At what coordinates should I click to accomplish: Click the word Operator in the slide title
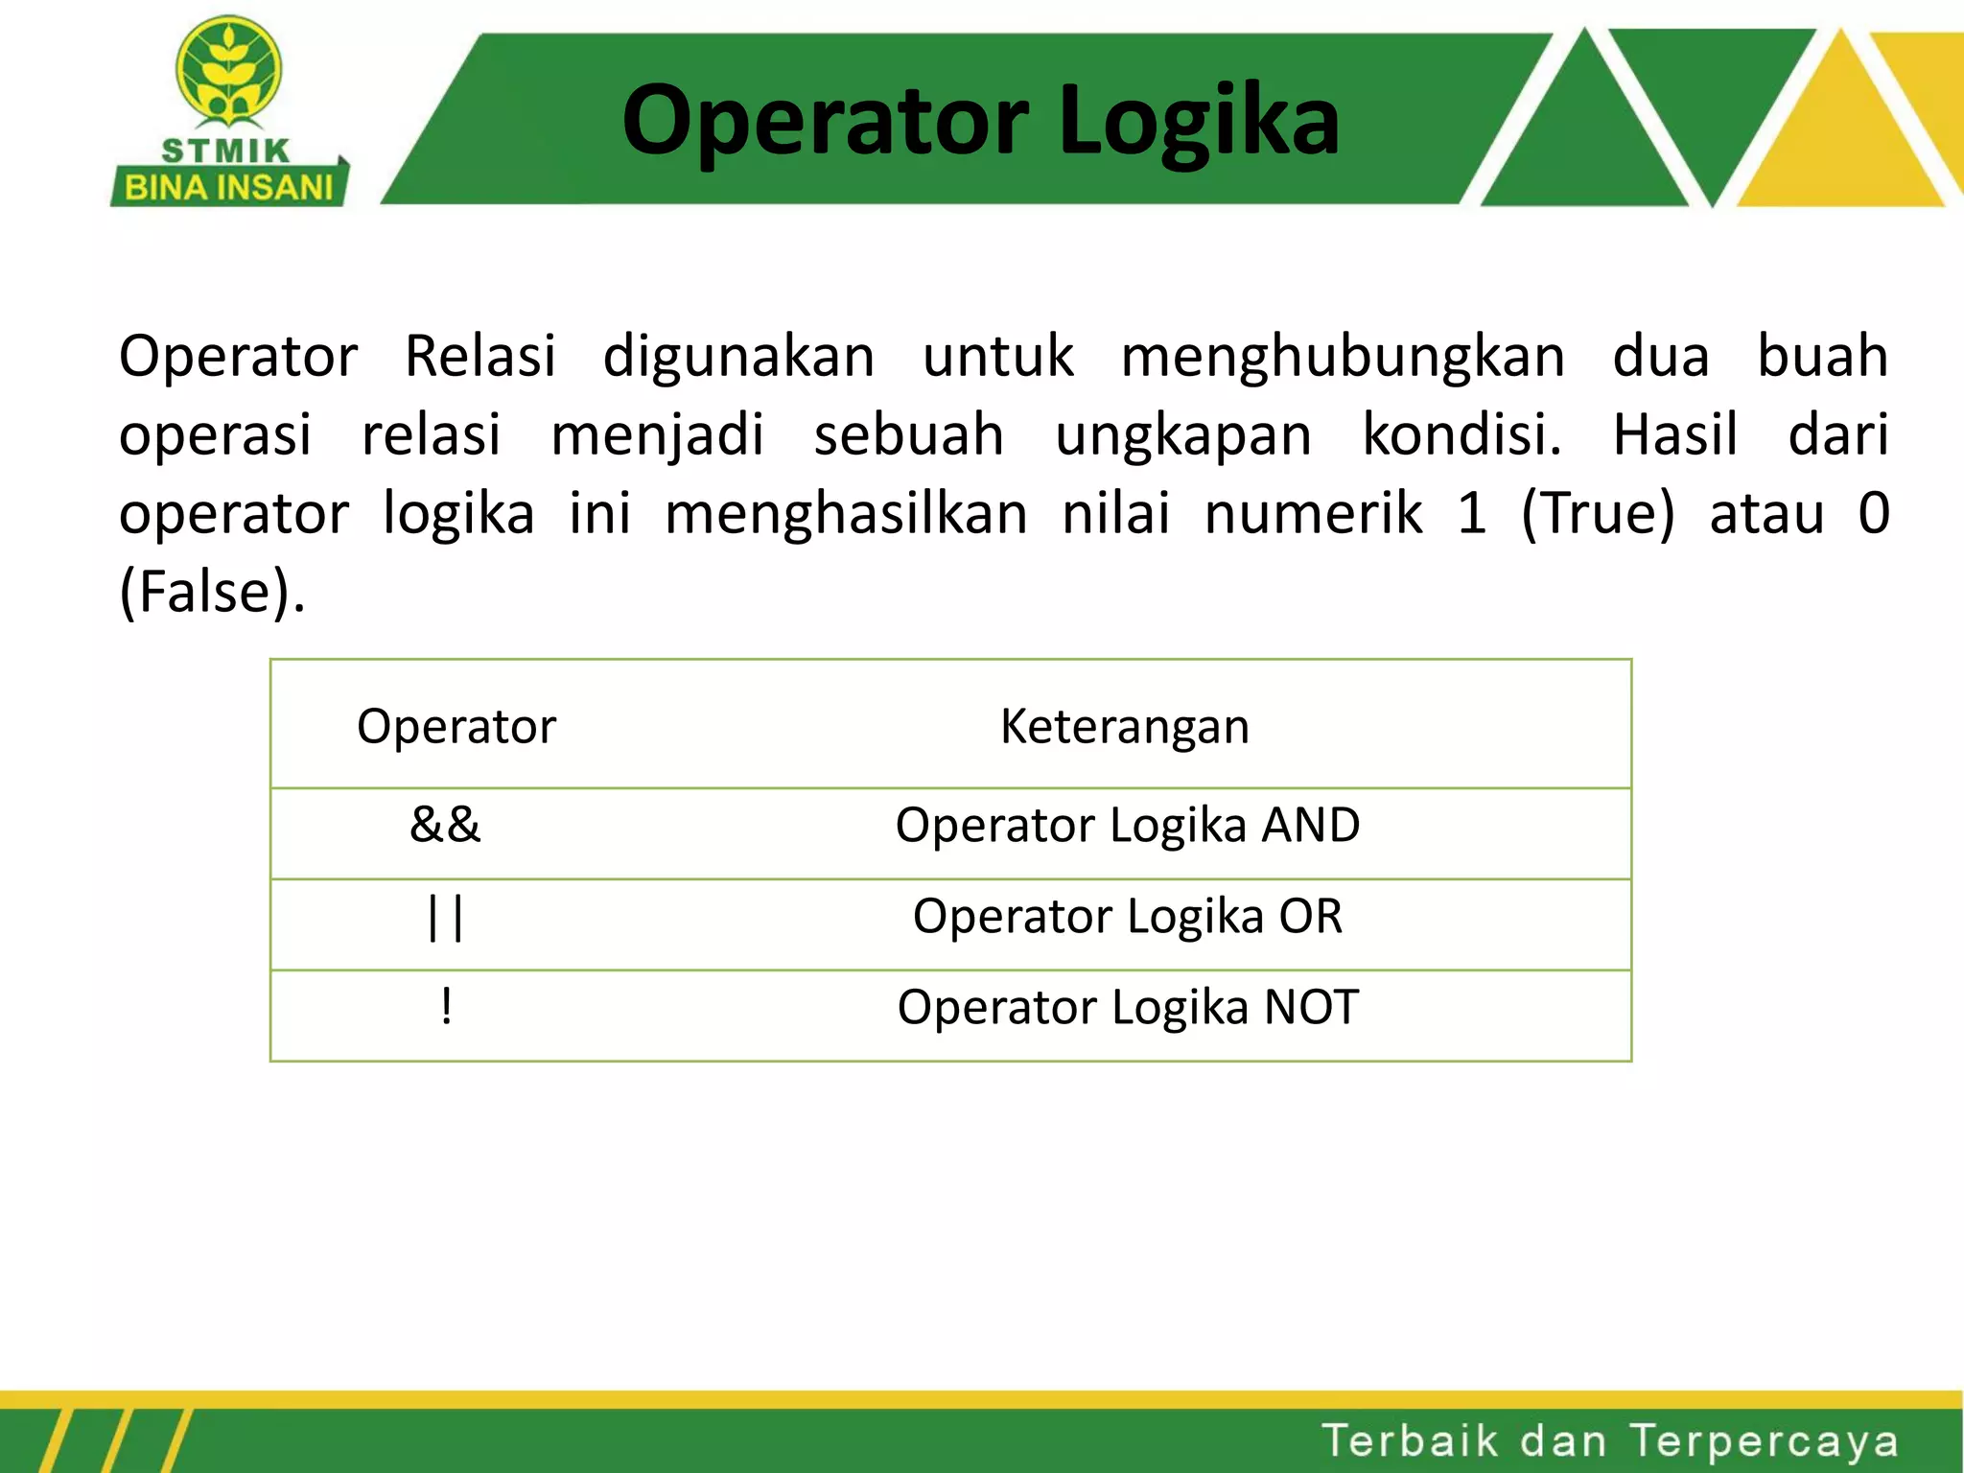point(826,121)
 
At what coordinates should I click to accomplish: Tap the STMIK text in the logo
point(226,151)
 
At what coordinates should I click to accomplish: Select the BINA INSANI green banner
point(229,186)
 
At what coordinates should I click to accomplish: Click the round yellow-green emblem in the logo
point(228,72)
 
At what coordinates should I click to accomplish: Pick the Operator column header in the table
point(456,726)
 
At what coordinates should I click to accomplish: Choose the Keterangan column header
point(1125,726)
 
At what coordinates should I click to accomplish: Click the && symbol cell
point(445,825)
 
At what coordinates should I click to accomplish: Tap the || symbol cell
point(446,918)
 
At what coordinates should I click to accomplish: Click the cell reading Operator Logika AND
point(1128,826)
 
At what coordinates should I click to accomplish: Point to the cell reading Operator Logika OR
point(1128,916)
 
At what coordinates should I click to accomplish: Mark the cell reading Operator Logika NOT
point(1128,1008)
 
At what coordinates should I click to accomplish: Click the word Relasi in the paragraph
point(480,356)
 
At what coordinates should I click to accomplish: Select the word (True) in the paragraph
point(1598,513)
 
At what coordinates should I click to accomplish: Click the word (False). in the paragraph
point(212,592)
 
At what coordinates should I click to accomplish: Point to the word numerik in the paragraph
point(1313,513)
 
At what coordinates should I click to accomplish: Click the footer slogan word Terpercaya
point(1764,1442)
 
